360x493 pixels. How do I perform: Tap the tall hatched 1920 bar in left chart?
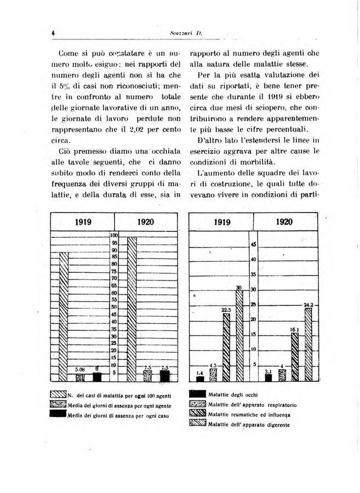click(132, 308)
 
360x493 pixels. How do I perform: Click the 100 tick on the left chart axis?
click(115, 235)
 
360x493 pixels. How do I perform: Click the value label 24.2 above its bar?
click(308, 305)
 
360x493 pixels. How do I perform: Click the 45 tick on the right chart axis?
click(253, 245)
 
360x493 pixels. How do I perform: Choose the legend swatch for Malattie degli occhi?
click(198, 394)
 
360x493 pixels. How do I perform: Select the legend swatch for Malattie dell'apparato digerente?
click(198, 423)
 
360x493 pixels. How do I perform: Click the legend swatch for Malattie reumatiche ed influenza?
click(198, 414)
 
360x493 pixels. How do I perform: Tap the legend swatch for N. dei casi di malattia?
click(58, 395)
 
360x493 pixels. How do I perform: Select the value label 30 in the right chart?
click(239, 288)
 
